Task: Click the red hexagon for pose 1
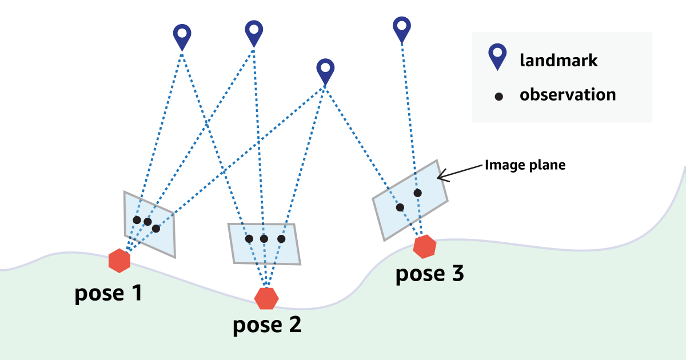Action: pyautogui.click(x=119, y=261)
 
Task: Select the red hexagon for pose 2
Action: pyautogui.click(x=266, y=298)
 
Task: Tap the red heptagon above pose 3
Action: pyautogui.click(x=425, y=246)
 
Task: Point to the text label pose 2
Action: pyautogui.click(x=267, y=325)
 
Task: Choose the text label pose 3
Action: pyautogui.click(x=429, y=274)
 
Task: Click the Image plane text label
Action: pyautogui.click(x=525, y=165)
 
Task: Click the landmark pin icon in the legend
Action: pyautogui.click(x=497, y=58)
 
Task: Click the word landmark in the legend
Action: pyautogui.click(x=559, y=60)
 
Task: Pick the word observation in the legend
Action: pyautogui.click(x=568, y=94)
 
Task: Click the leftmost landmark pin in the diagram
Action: pyautogui.click(x=182, y=36)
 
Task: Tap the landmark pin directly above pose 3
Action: pyautogui.click(x=402, y=28)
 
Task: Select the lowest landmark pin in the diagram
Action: pyautogui.click(x=325, y=71)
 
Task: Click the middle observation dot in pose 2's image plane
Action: pyautogui.click(x=264, y=239)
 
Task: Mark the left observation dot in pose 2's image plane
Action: pyautogui.click(x=249, y=239)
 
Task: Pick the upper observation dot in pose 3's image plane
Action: pyautogui.click(x=418, y=193)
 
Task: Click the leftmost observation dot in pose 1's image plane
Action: pyautogui.click(x=137, y=220)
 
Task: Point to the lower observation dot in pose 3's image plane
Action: pyautogui.click(x=400, y=207)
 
